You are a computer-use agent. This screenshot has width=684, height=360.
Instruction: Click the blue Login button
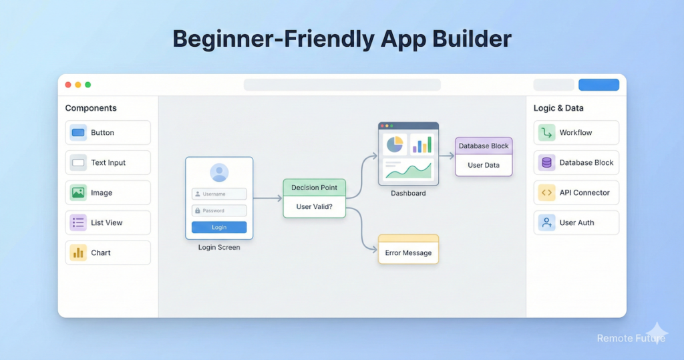point(219,227)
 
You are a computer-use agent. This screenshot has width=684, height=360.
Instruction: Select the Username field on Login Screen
point(219,194)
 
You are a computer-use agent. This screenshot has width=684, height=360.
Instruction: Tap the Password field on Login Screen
point(219,210)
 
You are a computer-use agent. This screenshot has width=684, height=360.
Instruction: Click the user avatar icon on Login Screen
point(219,173)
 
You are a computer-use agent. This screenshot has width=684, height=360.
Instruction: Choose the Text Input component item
point(108,162)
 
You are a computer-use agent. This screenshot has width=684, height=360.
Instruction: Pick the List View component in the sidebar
point(108,222)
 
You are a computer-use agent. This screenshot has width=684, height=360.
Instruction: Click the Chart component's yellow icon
point(78,252)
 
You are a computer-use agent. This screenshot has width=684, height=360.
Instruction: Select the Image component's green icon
point(78,192)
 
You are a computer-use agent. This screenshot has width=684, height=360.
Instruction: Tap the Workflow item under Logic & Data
point(576,132)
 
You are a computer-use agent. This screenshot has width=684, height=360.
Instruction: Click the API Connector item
point(576,192)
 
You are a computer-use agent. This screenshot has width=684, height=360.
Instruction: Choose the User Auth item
point(576,222)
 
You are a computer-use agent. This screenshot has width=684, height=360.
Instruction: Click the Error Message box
point(408,252)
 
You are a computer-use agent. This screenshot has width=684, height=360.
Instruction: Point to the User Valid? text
point(315,206)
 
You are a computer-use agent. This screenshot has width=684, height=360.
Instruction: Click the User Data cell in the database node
point(484,165)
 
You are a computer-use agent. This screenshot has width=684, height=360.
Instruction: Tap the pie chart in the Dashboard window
point(394,144)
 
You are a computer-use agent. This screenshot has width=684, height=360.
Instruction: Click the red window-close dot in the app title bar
point(68,85)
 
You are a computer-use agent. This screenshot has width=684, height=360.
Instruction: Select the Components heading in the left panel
point(91,108)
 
